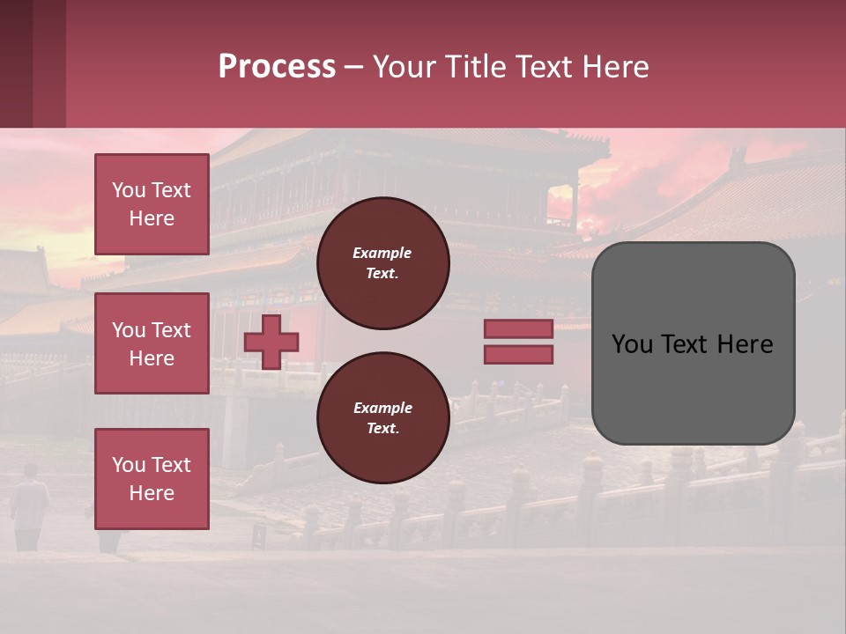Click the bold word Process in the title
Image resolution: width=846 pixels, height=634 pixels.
pyautogui.click(x=277, y=67)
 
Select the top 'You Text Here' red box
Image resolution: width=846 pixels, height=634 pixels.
pyautogui.click(x=152, y=204)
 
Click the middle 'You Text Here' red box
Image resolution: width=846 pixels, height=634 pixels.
pyautogui.click(x=152, y=343)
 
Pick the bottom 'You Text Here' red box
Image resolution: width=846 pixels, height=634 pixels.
pyautogui.click(x=152, y=479)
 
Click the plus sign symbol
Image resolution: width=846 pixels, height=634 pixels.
pyautogui.click(x=271, y=342)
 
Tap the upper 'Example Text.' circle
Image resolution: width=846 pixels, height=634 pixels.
pyautogui.click(x=382, y=262)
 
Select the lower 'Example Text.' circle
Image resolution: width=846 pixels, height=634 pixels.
pyautogui.click(x=382, y=417)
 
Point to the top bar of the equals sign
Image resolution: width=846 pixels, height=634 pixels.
pyautogui.click(x=518, y=329)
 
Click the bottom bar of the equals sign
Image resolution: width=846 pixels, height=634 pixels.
pyautogui.click(x=518, y=354)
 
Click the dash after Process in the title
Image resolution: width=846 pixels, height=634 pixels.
pyautogui.click(x=353, y=67)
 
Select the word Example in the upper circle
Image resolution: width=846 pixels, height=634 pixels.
pyautogui.click(x=382, y=253)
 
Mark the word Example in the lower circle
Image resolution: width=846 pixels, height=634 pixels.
pyautogui.click(x=382, y=408)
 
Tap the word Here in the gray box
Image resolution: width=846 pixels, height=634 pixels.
pyautogui.click(x=746, y=344)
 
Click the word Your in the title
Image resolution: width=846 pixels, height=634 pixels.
pyautogui.click(x=403, y=67)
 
